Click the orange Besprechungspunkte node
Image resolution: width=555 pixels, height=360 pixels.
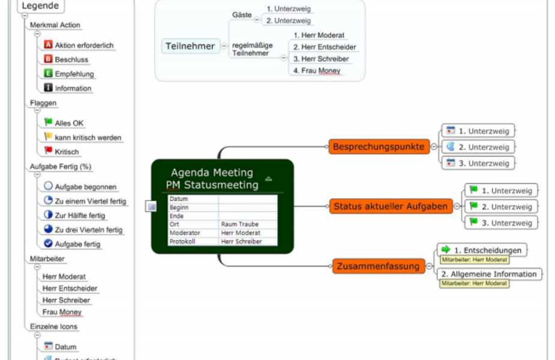click(379, 146)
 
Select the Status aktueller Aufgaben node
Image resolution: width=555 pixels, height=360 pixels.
click(391, 206)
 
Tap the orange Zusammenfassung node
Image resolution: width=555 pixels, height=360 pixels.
click(378, 266)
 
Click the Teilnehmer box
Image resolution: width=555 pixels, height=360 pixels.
click(190, 46)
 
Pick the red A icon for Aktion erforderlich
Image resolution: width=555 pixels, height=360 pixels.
click(48, 45)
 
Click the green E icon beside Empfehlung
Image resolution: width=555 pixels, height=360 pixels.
click(48, 74)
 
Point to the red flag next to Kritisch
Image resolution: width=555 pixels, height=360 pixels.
click(48, 151)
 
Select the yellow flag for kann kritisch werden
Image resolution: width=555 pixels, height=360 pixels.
click(48, 137)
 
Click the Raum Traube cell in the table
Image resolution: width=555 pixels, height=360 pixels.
click(240, 224)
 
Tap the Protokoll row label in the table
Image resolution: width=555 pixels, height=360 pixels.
click(182, 241)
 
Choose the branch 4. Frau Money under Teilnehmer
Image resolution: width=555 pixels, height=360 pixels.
click(317, 70)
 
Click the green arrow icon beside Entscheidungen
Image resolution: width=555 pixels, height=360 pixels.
click(445, 249)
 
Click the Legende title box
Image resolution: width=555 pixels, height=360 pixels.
click(41, 6)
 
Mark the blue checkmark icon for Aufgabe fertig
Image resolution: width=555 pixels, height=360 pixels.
click(48, 244)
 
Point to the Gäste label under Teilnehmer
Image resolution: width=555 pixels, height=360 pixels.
click(242, 14)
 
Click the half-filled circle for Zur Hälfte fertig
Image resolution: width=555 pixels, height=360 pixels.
click(48, 215)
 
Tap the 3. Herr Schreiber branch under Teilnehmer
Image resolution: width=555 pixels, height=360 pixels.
click(321, 59)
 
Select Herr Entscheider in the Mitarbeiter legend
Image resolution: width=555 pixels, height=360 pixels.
click(70, 288)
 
